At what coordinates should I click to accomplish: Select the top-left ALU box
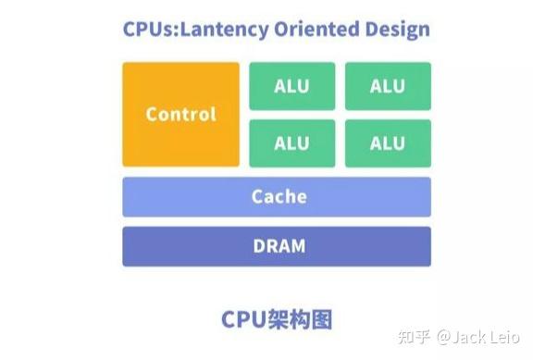tap(291, 86)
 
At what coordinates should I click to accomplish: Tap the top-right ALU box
tap(388, 86)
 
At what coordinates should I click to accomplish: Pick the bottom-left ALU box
tap(291, 143)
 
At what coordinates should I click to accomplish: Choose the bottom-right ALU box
tap(388, 143)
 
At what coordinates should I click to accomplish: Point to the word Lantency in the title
tap(225, 29)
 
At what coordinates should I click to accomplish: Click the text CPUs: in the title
tap(150, 29)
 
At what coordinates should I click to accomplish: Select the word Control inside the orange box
tap(180, 115)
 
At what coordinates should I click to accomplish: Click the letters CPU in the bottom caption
tap(242, 318)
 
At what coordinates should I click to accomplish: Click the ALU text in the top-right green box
tap(388, 86)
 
